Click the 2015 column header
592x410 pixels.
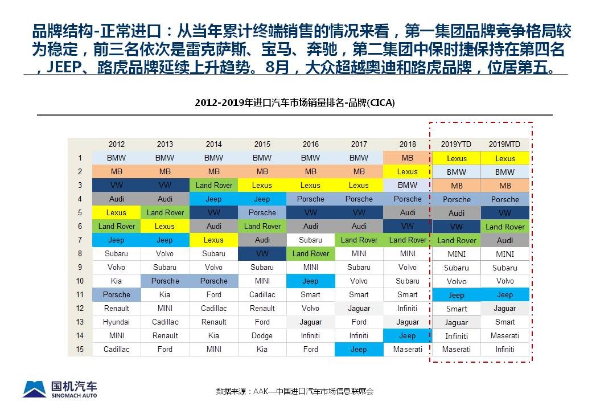click(262, 144)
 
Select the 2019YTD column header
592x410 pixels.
click(456, 144)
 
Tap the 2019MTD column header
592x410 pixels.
click(504, 144)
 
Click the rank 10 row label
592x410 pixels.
click(80, 281)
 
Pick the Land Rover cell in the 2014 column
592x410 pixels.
click(213, 186)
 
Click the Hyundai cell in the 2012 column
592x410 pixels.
click(116, 322)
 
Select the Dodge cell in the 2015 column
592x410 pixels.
click(262, 335)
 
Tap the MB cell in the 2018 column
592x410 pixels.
click(407, 158)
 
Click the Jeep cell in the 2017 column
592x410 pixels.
click(359, 349)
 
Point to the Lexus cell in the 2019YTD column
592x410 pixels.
click(457, 158)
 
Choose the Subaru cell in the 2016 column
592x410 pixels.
click(310, 240)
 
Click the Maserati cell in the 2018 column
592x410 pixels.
click(407, 349)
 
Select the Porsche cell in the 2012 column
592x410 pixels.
click(116, 294)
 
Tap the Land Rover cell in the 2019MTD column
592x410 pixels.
click(505, 227)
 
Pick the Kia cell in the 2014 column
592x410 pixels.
click(213, 335)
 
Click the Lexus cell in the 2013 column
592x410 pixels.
click(165, 226)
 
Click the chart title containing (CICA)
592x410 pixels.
click(295, 102)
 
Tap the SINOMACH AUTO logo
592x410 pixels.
click(60, 389)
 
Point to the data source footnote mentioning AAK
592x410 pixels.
click(295, 391)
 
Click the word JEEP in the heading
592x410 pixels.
click(64, 68)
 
